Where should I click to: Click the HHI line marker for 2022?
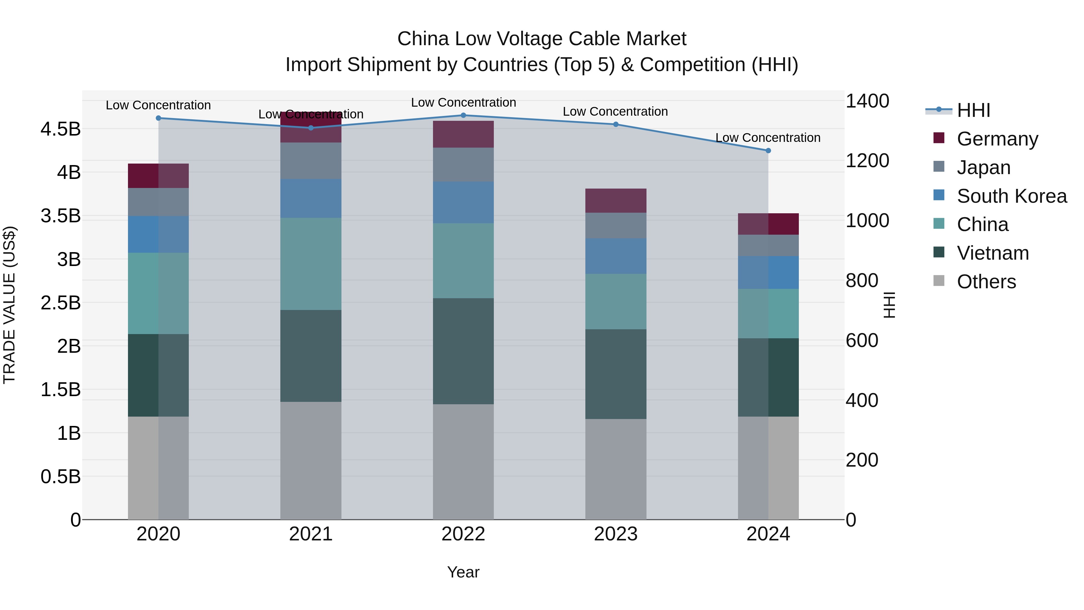click(463, 115)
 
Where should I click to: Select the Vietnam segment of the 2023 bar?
click(616, 374)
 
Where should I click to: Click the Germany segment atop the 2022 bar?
click(463, 134)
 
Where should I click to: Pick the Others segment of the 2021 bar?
click(311, 461)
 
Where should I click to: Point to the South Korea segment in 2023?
click(616, 256)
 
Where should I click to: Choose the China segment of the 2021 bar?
click(311, 264)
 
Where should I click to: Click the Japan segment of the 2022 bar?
click(463, 164)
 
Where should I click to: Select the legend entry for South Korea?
click(1012, 196)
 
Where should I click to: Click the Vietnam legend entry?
click(993, 253)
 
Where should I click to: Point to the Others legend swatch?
click(939, 281)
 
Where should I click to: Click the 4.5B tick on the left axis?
click(61, 129)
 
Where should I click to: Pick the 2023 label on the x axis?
click(616, 534)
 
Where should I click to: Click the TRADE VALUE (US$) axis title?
click(10, 305)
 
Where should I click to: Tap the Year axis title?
click(463, 572)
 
